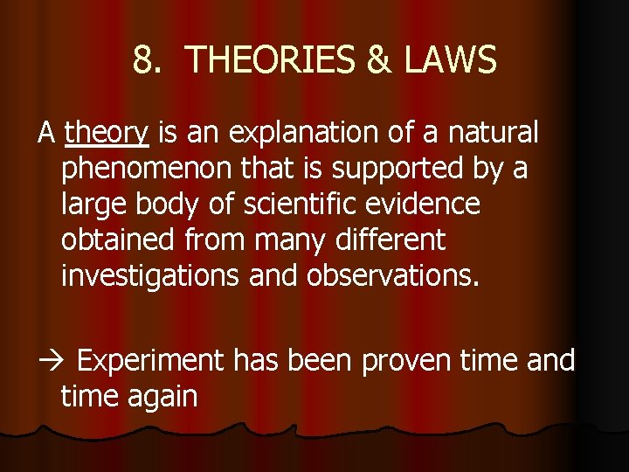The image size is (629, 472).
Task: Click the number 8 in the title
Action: coord(145,60)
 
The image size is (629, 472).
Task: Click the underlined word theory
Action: coord(107,134)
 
